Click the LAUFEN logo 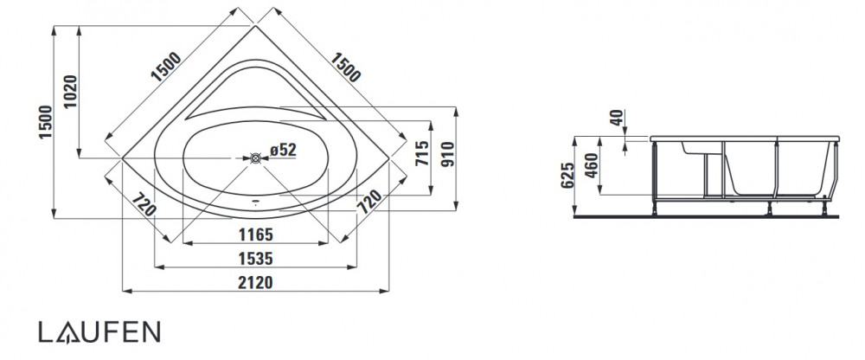click(x=99, y=331)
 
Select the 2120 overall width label click(x=255, y=283)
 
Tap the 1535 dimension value click(x=255, y=259)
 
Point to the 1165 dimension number click(x=255, y=235)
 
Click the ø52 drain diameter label click(x=284, y=150)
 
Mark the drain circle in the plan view click(x=255, y=157)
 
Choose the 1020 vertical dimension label click(x=71, y=92)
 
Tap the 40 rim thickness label click(x=618, y=118)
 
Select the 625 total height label click(x=567, y=176)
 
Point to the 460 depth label click(x=592, y=165)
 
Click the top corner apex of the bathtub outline click(x=255, y=25)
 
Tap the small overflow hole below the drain click(x=255, y=202)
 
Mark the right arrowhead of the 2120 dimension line click(x=385, y=291)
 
